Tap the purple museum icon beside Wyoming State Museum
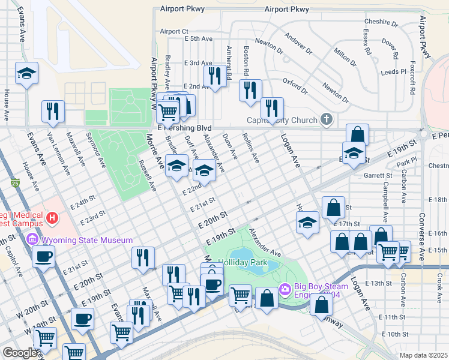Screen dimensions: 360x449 click(x=32, y=241)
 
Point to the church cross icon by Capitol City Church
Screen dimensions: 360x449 click(x=326, y=119)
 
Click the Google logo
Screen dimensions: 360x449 click(x=20, y=352)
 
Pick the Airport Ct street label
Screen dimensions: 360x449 click(x=174, y=31)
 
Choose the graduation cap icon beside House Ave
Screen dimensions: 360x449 click(x=26, y=74)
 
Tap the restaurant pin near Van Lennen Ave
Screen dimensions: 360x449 click(x=53, y=112)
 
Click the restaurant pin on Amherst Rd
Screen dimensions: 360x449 click(x=213, y=76)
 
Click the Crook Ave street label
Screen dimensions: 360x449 click(x=440, y=279)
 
